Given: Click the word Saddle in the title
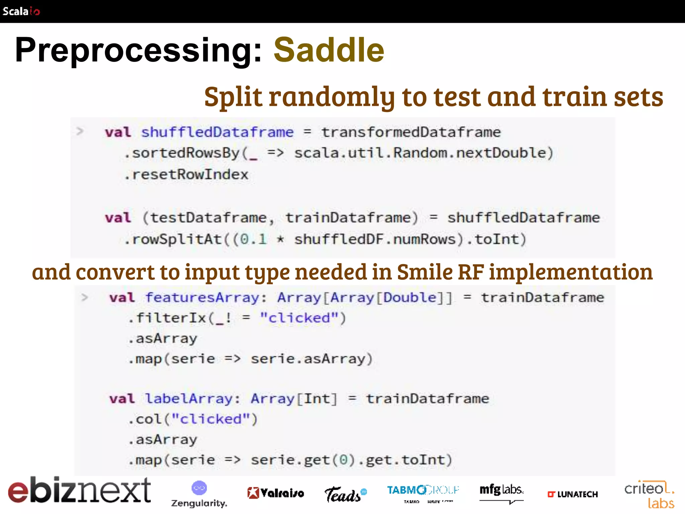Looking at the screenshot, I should coord(329,50).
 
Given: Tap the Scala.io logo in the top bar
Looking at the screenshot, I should coord(21,11).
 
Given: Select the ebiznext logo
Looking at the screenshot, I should coord(79,490).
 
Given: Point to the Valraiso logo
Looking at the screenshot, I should coord(276,493).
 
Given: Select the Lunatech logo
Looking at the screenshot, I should coord(573,494).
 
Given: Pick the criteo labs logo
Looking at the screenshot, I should coord(649,495).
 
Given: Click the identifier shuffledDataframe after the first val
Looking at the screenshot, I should coord(217,132).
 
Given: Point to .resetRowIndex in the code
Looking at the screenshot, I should coord(186,175).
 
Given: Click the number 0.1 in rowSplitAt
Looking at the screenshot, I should coord(254,239).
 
